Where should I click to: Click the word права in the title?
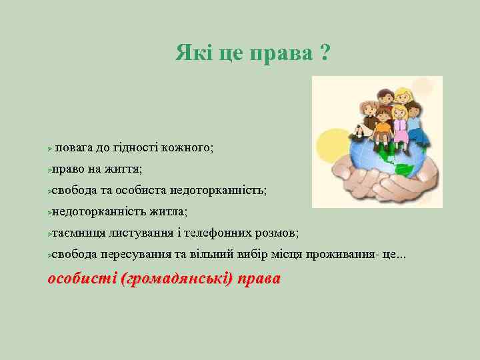click(280, 53)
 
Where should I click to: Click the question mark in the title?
click(323, 52)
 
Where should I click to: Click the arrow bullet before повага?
click(51, 148)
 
